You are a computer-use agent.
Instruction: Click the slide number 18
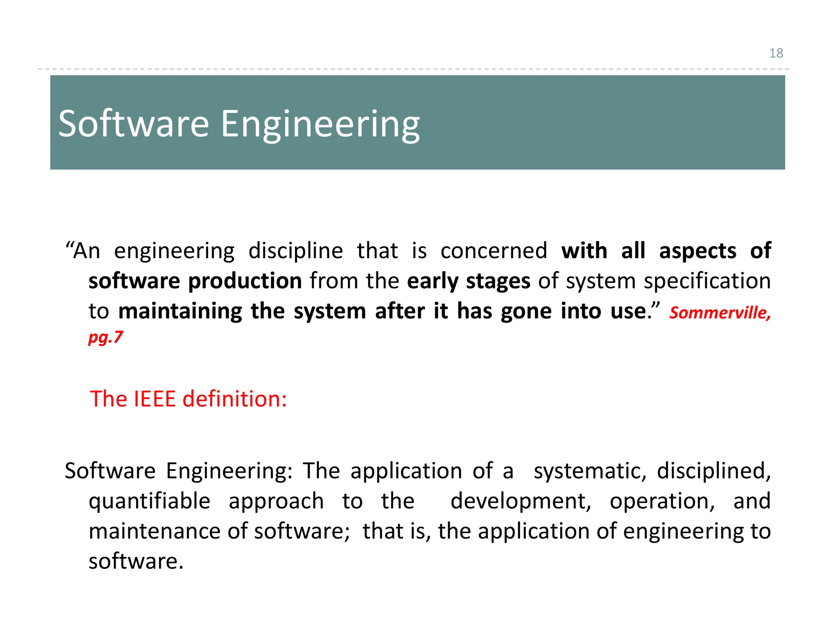pos(776,53)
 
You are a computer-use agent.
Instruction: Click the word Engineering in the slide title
pos(320,124)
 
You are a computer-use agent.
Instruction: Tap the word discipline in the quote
pos(295,251)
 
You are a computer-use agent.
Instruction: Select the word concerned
pos(494,251)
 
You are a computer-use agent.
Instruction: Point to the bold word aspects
pos(698,251)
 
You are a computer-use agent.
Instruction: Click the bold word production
pos(245,281)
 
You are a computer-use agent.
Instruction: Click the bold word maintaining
pos(180,312)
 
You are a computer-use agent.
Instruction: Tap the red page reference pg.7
pos(106,337)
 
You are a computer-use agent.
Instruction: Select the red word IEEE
pos(155,399)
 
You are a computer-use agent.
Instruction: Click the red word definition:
pos(235,399)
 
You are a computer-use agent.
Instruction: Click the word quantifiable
pos(149,502)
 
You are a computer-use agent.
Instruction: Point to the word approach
pos(276,502)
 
